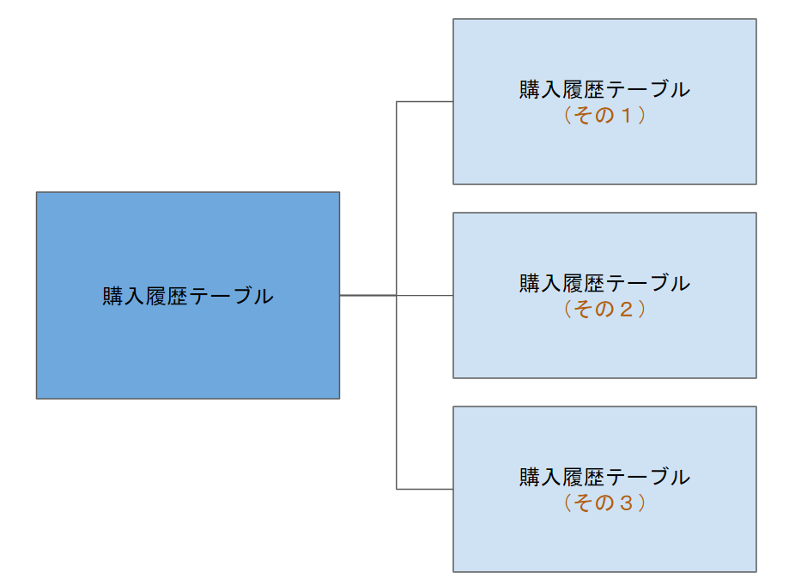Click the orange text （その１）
pos(604,116)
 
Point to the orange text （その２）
pos(604,310)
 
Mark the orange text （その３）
pos(604,503)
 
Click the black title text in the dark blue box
pos(188,297)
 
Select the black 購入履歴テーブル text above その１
pos(604,90)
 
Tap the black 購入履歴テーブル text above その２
pos(604,284)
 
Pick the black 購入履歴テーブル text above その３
pos(604,478)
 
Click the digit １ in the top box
pos(627,116)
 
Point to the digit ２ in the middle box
pos(627,310)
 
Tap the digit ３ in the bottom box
pos(627,503)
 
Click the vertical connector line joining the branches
pos(397,197)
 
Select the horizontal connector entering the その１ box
pos(425,102)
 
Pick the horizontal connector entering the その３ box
pos(425,489)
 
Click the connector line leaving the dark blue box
pos(367,295)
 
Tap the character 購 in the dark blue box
pos(112,297)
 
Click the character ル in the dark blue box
pos(264,297)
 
